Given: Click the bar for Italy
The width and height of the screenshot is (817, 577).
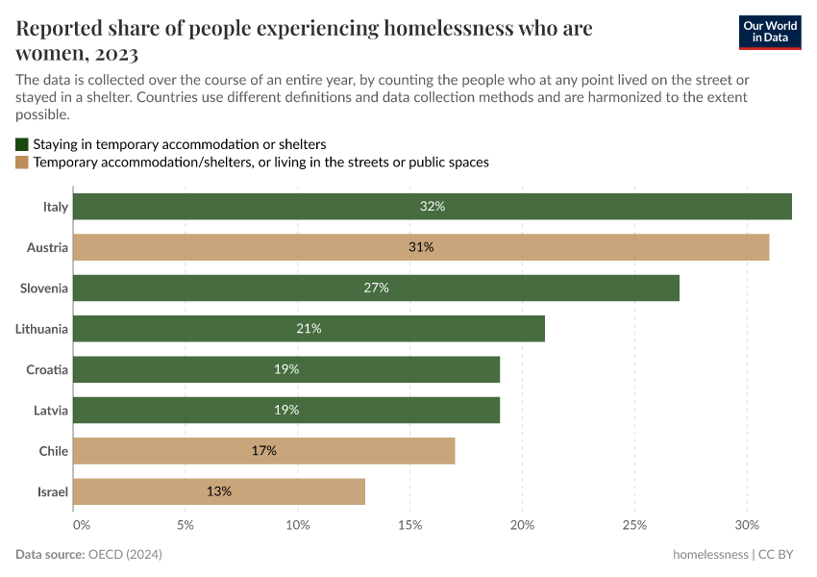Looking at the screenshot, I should click(432, 207).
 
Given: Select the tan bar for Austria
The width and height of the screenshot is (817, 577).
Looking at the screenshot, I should click(421, 247).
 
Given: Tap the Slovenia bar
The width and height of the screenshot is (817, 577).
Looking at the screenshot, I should click(376, 288).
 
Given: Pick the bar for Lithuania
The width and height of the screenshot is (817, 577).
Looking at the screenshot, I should click(309, 329).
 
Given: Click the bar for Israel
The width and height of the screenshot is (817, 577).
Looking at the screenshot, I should click(219, 491).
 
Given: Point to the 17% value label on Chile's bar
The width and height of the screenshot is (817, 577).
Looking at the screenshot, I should click(264, 450).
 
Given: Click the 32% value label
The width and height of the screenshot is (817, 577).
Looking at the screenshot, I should click(433, 207).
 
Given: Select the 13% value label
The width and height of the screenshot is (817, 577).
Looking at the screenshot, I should click(219, 491).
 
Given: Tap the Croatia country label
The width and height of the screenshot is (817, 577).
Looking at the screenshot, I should click(47, 369).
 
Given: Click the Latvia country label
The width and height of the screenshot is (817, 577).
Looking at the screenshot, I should click(51, 410).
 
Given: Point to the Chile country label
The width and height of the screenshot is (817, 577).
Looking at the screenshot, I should click(53, 450).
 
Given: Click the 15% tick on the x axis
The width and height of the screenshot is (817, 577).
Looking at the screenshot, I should click(410, 525).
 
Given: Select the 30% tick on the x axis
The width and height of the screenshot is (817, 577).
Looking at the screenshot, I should click(747, 525).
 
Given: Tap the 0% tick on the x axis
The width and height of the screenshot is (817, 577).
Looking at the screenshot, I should click(81, 525).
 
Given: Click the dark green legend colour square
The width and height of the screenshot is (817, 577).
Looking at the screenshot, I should click(22, 144).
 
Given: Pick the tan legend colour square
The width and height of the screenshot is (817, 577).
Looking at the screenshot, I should click(22, 163).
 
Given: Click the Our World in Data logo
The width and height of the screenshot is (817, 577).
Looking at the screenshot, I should click(770, 32).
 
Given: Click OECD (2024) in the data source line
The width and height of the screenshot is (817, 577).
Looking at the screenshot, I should click(126, 555).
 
